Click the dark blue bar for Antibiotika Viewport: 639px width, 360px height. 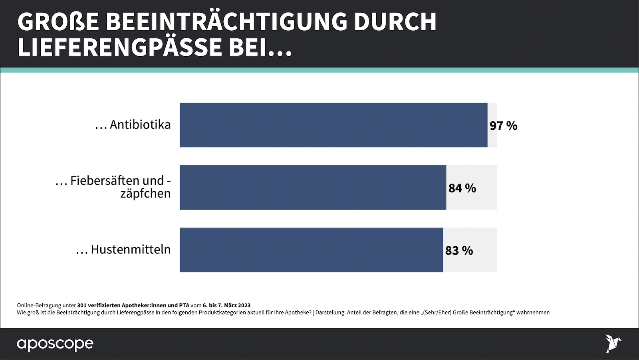pos(333,125)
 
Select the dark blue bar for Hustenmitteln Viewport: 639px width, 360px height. pos(311,250)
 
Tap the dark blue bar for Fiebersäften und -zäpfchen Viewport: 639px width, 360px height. pos(313,188)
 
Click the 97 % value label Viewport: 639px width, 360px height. pos(503,126)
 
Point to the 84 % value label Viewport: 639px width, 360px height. pos(462,188)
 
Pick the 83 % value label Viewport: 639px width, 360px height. pos(459,251)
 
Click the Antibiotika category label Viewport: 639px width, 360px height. pos(140,125)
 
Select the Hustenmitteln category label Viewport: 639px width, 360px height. pos(131,249)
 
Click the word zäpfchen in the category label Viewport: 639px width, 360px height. pos(145,194)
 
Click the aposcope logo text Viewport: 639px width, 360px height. pos(55,344)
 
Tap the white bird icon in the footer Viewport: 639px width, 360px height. pos(613,343)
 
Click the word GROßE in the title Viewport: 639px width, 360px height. pos(58,22)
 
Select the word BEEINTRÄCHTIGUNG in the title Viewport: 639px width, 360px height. pos(226,22)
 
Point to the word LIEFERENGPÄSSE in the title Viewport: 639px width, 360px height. pos(120,47)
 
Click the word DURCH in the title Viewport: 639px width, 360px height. pos(395,22)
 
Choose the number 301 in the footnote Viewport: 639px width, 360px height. pos(82,305)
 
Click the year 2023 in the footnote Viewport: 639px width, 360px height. pos(244,305)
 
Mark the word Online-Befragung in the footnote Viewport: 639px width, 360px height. pos(39,305)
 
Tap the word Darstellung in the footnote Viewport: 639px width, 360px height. pos(330,313)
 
